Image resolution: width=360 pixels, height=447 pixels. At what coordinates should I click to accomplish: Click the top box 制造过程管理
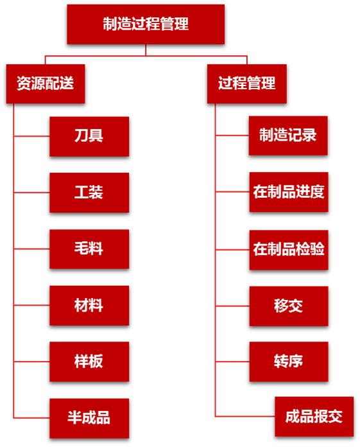pyautogui.click(x=146, y=24)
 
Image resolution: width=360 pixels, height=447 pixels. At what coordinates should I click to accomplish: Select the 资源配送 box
pyautogui.click(x=46, y=83)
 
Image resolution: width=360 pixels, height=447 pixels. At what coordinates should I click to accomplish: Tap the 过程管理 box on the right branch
pyautogui.click(x=246, y=83)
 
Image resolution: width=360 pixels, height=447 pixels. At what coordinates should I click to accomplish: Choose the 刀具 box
pyautogui.click(x=89, y=136)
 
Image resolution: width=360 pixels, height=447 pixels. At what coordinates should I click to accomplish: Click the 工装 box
pyautogui.click(x=89, y=193)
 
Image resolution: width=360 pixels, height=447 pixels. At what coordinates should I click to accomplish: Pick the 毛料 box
pyautogui.click(x=89, y=249)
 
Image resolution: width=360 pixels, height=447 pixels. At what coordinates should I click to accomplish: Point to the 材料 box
pyautogui.click(x=89, y=305)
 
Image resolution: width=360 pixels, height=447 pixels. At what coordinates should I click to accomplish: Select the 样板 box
pyautogui.click(x=89, y=362)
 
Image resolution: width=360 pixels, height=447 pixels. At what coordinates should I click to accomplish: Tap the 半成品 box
pyautogui.click(x=89, y=418)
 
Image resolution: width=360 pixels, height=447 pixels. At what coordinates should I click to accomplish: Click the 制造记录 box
pyautogui.click(x=288, y=136)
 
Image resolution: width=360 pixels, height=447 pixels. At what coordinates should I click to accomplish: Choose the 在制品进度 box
pyautogui.click(x=289, y=192)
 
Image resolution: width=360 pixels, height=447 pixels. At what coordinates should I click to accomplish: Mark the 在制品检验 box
pyautogui.click(x=289, y=250)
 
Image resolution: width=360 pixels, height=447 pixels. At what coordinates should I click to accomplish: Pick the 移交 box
pyautogui.click(x=289, y=306)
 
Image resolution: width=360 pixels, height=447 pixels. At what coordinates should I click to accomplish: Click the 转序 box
pyautogui.click(x=289, y=362)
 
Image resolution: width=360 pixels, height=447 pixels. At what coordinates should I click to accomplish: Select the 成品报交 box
pyautogui.click(x=314, y=417)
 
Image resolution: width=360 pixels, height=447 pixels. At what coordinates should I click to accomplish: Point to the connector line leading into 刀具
pyautogui.click(x=31, y=136)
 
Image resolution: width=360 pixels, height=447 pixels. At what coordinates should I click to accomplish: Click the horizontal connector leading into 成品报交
pyautogui.click(x=245, y=417)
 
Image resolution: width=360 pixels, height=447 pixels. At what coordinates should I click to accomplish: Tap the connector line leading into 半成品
pyautogui.click(x=31, y=418)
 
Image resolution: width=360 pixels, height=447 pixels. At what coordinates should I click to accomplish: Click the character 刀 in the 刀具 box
pyautogui.click(x=81, y=136)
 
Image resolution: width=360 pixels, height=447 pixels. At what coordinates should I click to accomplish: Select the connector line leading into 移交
pyautogui.click(x=232, y=306)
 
